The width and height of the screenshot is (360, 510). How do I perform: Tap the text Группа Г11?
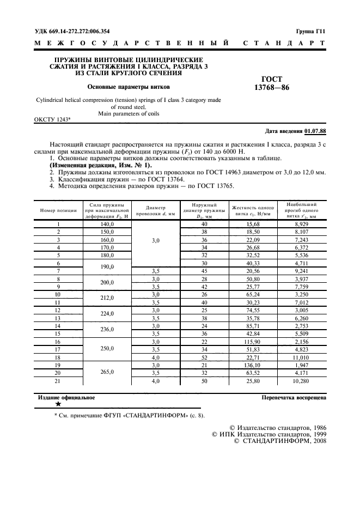click(x=310, y=32)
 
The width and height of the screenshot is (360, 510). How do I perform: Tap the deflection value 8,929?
click(x=301, y=224)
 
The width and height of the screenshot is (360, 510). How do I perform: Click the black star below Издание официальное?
click(x=58, y=404)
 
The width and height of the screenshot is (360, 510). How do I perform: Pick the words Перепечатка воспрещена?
click(x=294, y=398)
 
